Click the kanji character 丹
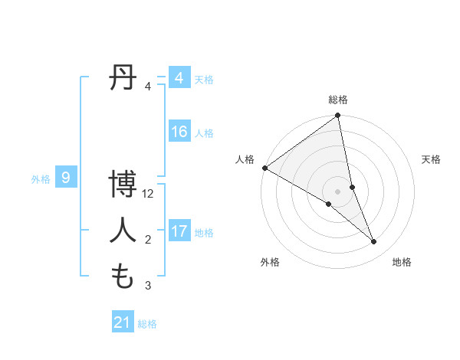click(x=124, y=78)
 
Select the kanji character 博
click(x=124, y=186)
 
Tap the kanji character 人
click(x=124, y=231)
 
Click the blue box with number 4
click(x=179, y=78)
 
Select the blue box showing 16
click(x=179, y=132)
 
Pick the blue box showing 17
click(x=179, y=231)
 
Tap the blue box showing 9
click(x=66, y=178)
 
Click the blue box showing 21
click(x=123, y=322)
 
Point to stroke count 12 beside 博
click(x=149, y=195)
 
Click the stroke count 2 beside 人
click(x=148, y=241)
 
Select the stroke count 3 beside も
click(x=148, y=286)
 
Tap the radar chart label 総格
click(x=338, y=100)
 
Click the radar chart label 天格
click(x=432, y=159)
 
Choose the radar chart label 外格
click(x=270, y=262)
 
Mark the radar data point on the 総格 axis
click(x=338, y=116)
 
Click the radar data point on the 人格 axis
click(x=265, y=167)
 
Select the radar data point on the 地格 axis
click(x=374, y=241)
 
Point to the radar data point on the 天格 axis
click(x=352, y=187)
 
